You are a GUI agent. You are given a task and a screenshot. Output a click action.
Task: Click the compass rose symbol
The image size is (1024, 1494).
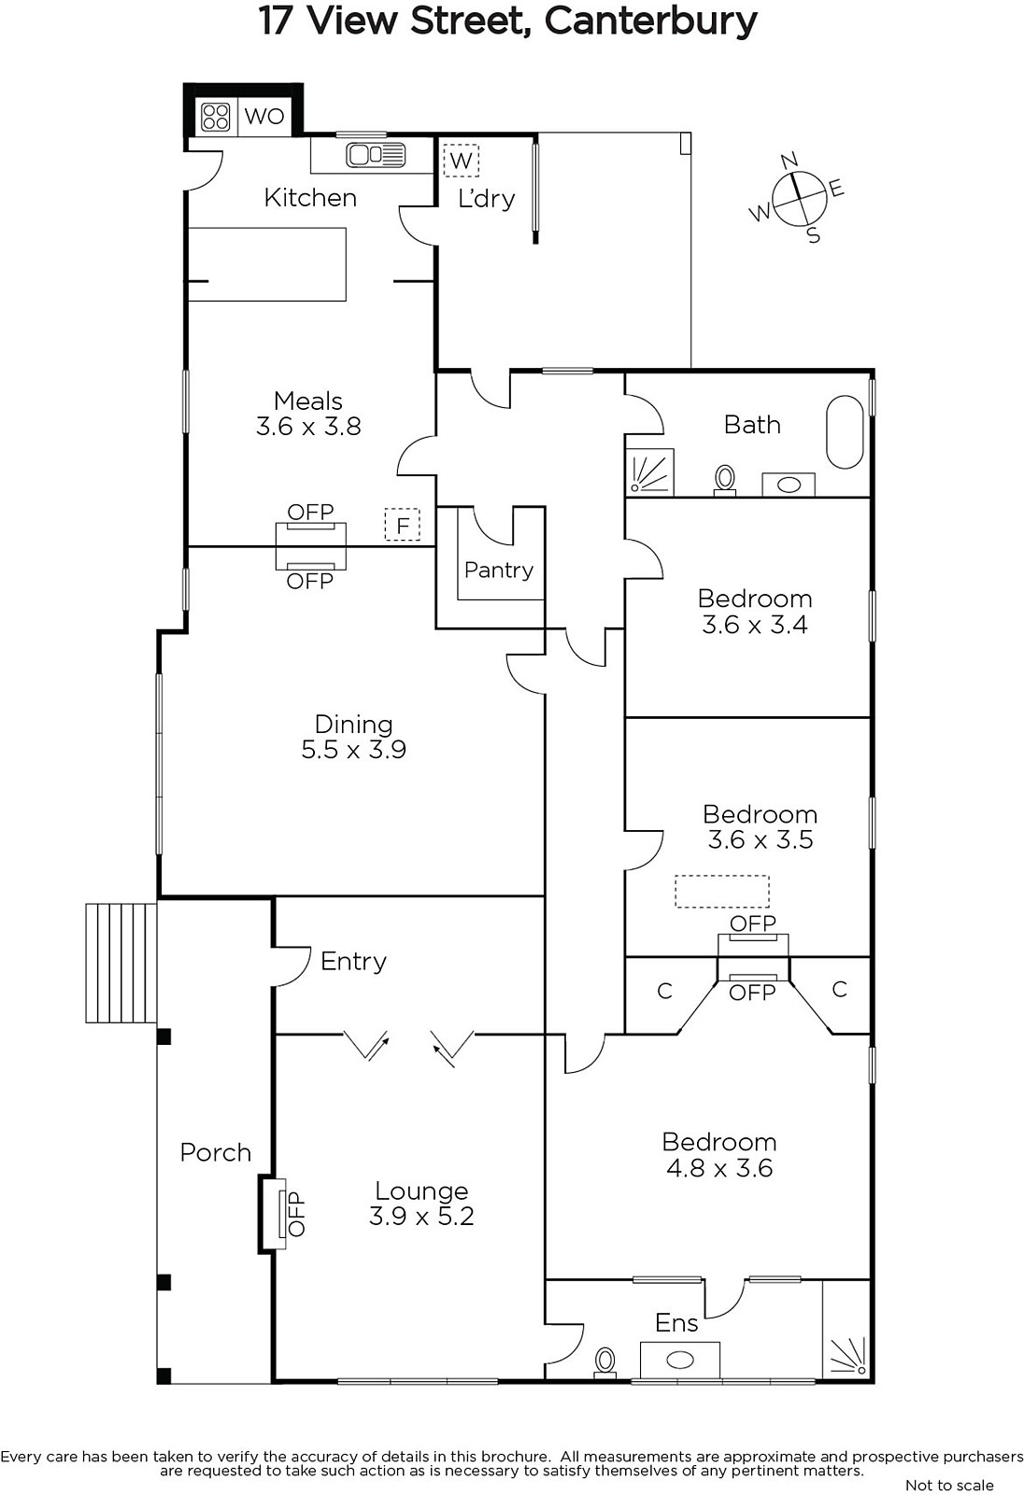coord(797,198)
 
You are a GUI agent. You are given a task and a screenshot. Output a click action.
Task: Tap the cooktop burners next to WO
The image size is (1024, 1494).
coord(216,117)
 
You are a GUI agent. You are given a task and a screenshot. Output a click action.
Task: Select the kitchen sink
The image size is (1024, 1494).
coord(376,155)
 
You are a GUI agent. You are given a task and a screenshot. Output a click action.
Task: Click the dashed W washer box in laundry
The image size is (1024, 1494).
coord(462,160)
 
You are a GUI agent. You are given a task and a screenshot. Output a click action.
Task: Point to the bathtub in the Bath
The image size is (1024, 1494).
coord(845,432)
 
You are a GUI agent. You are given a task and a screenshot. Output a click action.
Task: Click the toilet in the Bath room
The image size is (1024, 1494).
coord(725,482)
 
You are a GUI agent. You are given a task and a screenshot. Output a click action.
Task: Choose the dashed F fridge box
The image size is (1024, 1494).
coord(403,524)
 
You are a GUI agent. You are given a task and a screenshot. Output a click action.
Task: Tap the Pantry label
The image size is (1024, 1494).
coord(499,571)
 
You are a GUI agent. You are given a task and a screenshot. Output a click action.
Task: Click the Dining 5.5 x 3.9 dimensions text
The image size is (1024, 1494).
coord(354,750)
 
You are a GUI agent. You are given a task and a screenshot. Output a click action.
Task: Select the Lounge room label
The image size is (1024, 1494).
coord(421,1191)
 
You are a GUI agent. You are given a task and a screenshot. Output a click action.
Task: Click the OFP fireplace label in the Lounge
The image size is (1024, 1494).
coord(296,1214)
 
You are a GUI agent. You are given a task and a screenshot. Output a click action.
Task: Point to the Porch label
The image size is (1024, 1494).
coord(216,1152)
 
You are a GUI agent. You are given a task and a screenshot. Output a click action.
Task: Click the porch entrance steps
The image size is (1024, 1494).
coord(121,963)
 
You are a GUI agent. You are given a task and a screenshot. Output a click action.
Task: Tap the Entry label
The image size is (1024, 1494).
coord(353,962)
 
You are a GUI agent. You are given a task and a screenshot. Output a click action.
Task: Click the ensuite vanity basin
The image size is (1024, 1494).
coord(680,1360)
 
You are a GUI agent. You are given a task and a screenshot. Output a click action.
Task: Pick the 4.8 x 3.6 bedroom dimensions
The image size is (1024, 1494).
coord(719,1168)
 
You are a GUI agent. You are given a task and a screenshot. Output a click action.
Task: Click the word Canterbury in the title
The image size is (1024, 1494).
coord(651,21)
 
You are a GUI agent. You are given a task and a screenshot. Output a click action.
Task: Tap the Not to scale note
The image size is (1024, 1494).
coord(949,1485)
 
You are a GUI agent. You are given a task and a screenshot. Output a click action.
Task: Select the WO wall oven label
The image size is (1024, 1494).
coord(264,117)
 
